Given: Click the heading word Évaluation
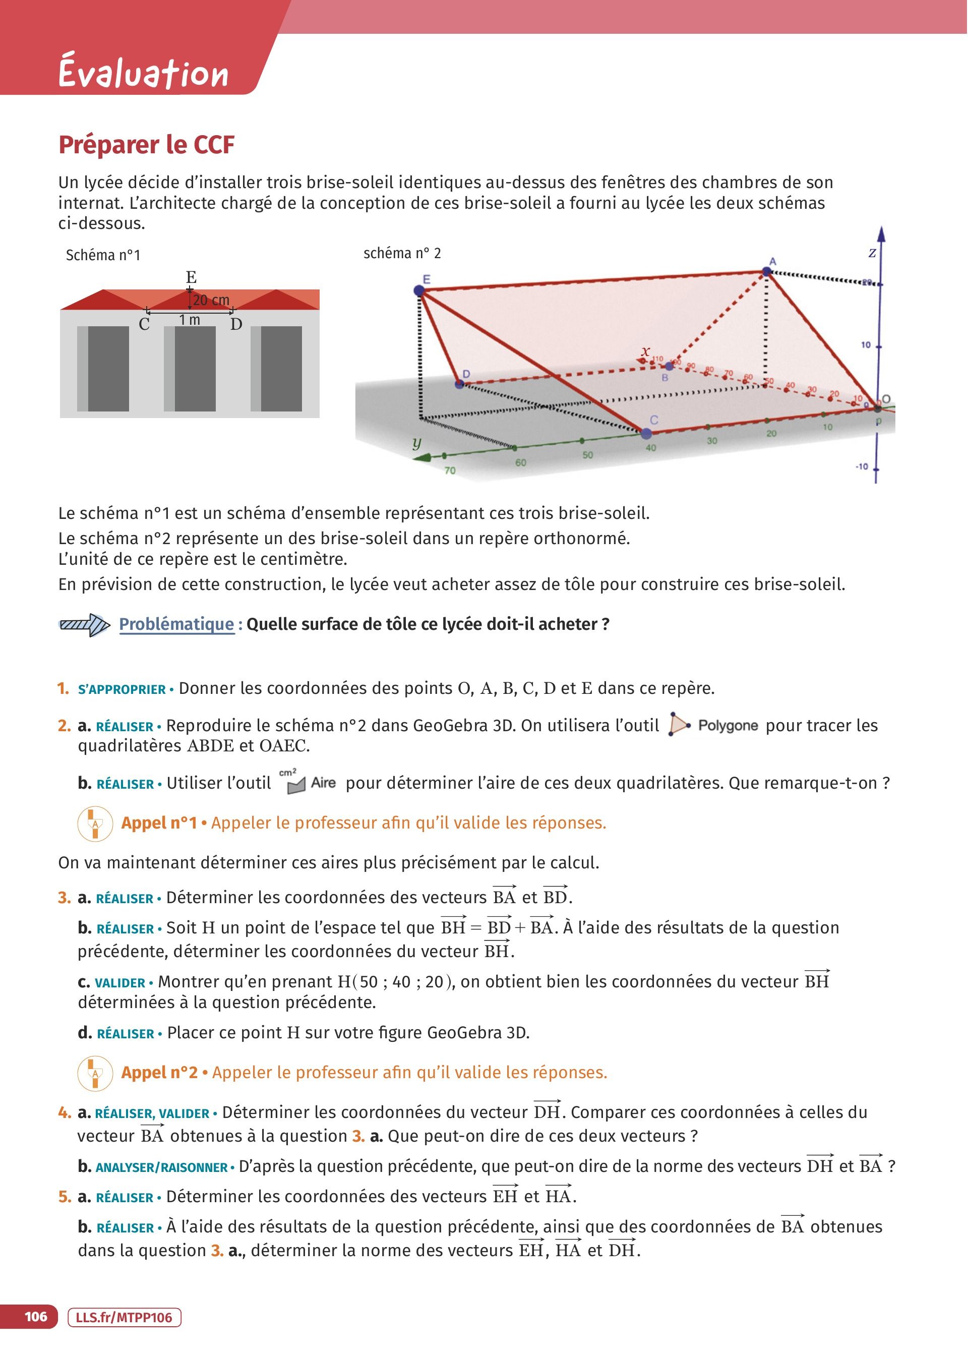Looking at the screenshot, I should pyautogui.click(x=143, y=73).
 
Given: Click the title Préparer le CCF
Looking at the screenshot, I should pyautogui.click(x=147, y=145).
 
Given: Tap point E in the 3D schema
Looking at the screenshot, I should pyautogui.click(x=419, y=290).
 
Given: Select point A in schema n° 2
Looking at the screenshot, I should pyautogui.click(x=767, y=272).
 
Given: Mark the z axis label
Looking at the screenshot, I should pyautogui.click(x=872, y=253).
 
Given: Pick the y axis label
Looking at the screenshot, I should pyautogui.click(x=416, y=443).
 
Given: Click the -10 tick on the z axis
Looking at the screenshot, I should pyautogui.click(x=862, y=466).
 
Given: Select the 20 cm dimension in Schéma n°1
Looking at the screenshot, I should pyautogui.click(x=211, y=301).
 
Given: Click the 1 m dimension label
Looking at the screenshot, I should pyautogui.click(x=190, y=320).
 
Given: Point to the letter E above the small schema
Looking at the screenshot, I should pyautogui.click(x=191, y=277).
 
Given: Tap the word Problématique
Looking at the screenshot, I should pyautogui.click(x=176, y=624).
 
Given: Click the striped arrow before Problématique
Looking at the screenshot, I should pyautogui.click(x=84, y=625).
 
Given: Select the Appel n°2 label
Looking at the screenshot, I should pyautogui.click(x=159, y=1072).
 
